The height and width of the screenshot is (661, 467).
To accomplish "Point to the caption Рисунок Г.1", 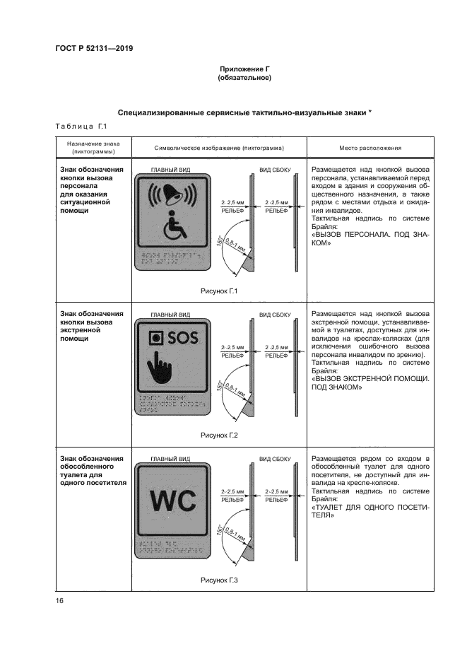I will [219, 291].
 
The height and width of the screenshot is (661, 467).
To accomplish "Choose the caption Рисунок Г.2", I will [219, 435].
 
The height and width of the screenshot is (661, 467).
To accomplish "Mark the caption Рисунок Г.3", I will [219, 580].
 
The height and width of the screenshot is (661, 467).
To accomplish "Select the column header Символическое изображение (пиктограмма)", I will [218, 148].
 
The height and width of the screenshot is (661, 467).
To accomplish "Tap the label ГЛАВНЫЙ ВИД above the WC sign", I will [170, 459].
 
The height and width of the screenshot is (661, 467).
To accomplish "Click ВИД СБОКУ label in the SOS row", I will [275, 314].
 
